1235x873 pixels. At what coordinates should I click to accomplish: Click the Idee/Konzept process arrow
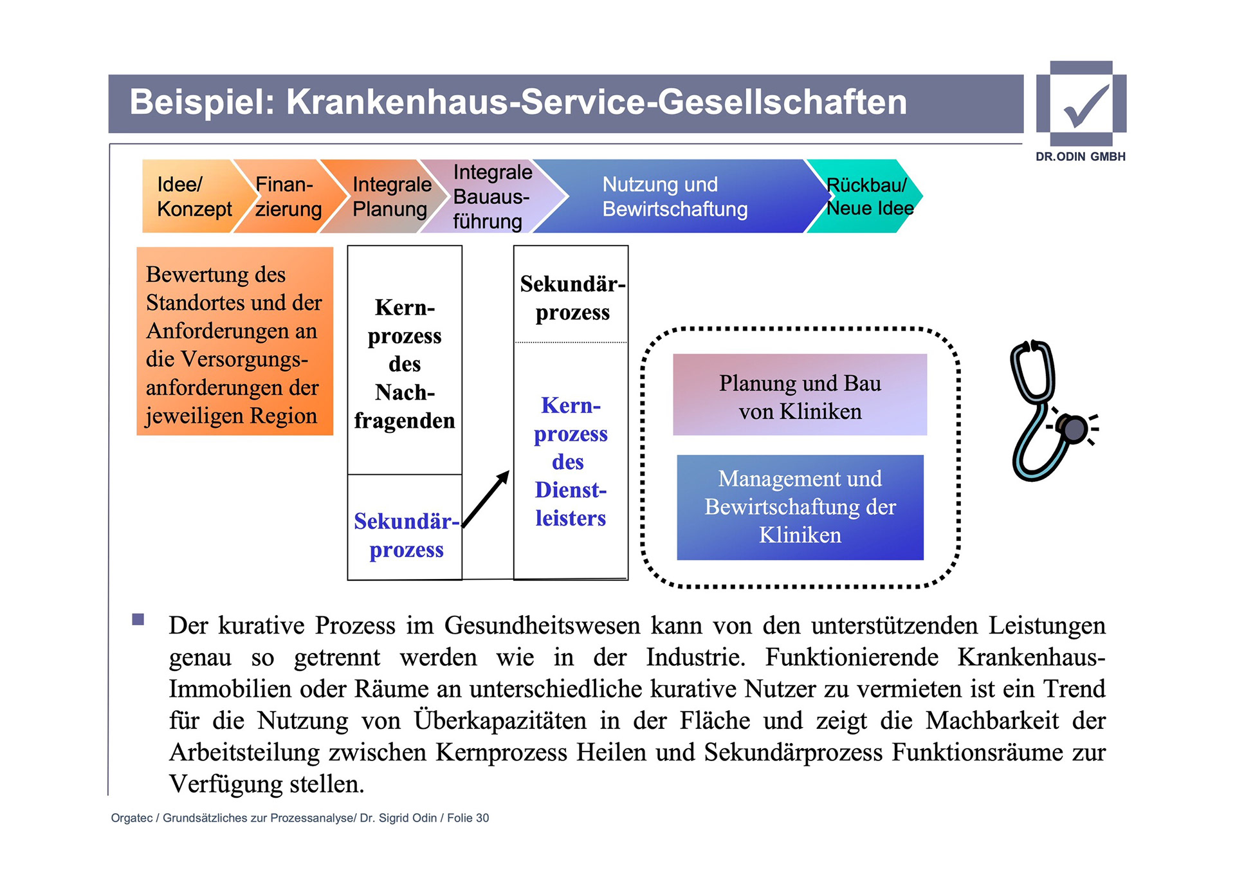(x=190, y=196)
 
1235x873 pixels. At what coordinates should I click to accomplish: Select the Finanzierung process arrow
(x=288, y=196)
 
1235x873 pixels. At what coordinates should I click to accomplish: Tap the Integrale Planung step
(x=390, y=196)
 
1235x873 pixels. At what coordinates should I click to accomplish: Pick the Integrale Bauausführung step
(x=490, y=196)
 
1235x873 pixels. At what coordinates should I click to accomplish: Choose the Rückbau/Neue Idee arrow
(x=868, y=196)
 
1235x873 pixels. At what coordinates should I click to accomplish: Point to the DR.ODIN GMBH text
(x=1080, y=156)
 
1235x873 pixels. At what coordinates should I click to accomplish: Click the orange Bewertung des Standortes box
(x=235, y=342)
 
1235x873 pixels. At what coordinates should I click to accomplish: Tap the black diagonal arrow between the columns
(x=486, y=500)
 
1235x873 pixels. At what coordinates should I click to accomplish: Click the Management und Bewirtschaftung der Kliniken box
(x=800, y=507)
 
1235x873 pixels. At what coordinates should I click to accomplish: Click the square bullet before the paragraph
(x=138, y=620)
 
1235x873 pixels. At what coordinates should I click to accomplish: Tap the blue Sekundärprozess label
(x=405, y=535)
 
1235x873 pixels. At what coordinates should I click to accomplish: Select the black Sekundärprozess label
(x=571, y=298)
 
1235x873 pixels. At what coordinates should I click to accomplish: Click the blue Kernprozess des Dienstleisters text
(x=571, y=462)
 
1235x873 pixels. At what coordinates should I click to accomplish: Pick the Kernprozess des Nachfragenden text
(x=405, y=364)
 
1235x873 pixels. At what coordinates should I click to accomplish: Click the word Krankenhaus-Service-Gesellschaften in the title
(x=596, y=102)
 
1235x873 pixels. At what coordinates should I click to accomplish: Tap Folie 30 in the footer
(x=468, y=818)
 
